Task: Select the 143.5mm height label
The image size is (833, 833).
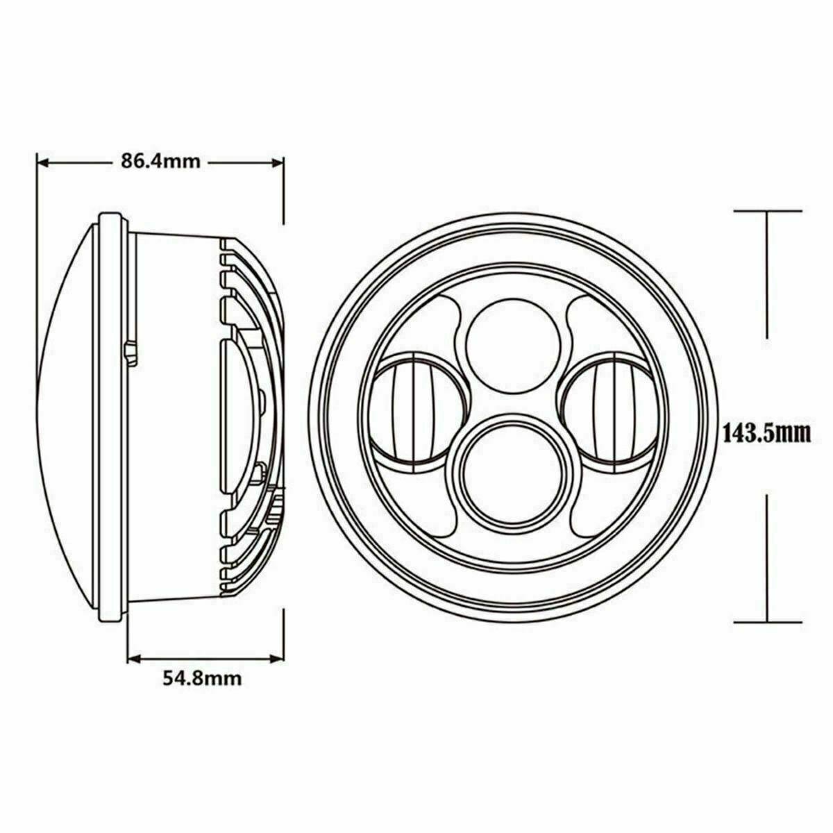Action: click(767, 435)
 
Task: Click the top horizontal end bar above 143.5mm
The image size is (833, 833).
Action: click(768, 209)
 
